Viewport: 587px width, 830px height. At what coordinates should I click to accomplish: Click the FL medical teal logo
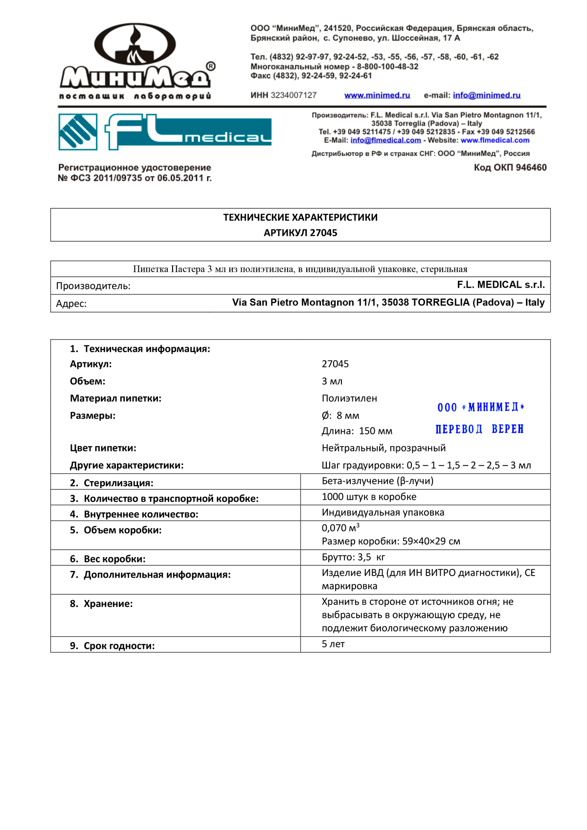click(x=165, y=132)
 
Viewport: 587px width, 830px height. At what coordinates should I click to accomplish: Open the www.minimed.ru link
click(x=377, y=95)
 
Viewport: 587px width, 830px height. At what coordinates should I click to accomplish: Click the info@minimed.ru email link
click(x=486, y=95)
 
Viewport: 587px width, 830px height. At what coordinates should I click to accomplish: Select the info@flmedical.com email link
click(x=385, y=140)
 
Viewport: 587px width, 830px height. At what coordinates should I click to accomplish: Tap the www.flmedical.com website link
click(x=495, y=140)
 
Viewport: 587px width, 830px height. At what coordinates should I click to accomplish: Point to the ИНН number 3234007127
click(x=293, y=95)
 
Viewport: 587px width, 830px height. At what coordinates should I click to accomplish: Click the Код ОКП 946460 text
click(x=510, y=168)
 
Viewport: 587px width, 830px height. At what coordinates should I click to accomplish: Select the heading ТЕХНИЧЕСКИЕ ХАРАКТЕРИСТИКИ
click(x=300, y=218)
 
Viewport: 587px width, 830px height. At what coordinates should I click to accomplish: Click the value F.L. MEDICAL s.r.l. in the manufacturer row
click(x=500, y=285)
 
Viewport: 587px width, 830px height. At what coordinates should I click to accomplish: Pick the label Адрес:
click(x=71, y=304)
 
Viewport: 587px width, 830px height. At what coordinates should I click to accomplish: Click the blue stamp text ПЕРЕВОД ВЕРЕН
click(x=479, y=429)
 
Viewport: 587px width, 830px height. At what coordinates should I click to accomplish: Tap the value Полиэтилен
click(x=349, y=399)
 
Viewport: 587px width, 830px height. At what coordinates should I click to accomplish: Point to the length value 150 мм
click(x=375, y=431)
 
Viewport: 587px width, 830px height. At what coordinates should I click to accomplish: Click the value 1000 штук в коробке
click(x=369, y=497)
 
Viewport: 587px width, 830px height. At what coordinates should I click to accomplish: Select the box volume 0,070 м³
click(x=340, y=528)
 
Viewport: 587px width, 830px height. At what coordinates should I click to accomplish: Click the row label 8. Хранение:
click(x=101, y=604)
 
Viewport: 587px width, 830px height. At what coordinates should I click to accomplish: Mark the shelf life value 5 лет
click(x=333, y=644)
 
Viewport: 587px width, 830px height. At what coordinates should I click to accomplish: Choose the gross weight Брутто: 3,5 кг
click(x=353, y=557)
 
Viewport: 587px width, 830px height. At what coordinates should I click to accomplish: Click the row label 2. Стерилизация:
click(x=111, y=483)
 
